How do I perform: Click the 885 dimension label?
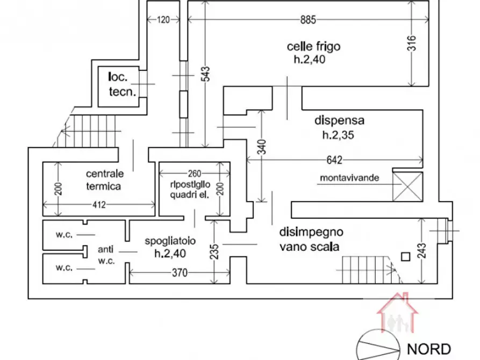pos(308,20)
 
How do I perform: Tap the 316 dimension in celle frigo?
pos(412,43)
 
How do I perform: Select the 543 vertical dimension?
pos(206,74)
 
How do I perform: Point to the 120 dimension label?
pos(163,20)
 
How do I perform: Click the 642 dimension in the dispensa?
pos(334,160)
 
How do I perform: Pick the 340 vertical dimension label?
pos(262,147)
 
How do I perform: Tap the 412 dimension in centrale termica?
pos(99,205)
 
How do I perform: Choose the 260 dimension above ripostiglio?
pos(195,174)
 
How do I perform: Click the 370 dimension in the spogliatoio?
pos(180,272)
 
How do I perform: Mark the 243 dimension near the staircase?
pos(421,251)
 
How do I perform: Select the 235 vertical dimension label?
pos(215,251)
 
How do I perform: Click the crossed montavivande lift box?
pos(407,187)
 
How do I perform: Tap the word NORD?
pos(429,349)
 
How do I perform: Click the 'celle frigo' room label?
pos(313,47)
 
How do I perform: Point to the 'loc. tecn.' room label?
pos(122,84)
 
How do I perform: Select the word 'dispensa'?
pos(340,120)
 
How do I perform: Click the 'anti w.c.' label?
pos(106,255)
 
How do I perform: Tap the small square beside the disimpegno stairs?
pos(406,256)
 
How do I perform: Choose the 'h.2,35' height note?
pos(338,135)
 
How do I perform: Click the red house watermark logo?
pos(397,312)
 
